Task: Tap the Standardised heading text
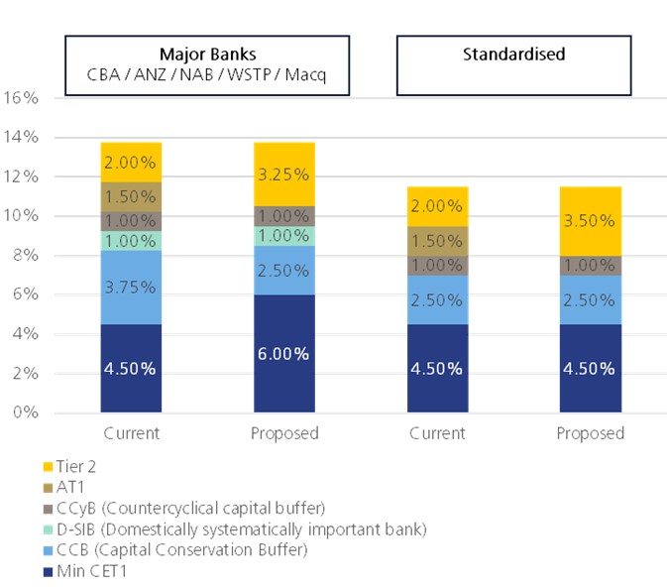(513, 54)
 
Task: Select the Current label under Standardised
(437, 433)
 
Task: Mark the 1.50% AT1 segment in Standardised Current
(437, 241)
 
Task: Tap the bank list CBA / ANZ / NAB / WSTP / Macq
(207, 73)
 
